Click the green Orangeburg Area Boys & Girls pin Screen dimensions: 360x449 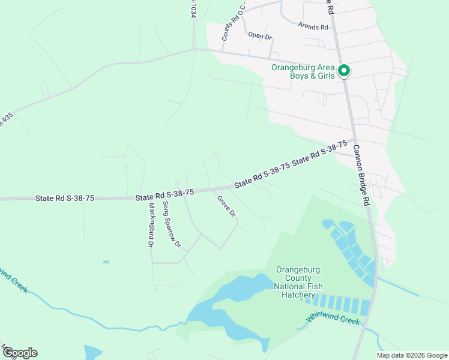tap(344, 71)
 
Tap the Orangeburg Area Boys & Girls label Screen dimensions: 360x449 tap(303, 71)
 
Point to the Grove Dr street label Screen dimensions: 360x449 tap(226, 206)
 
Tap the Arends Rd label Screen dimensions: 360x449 tap(313, 27)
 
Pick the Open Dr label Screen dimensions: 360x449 tap(260, 35)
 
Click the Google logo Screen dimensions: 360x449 tap(20, 353)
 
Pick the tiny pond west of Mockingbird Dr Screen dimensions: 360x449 tap(106, 262)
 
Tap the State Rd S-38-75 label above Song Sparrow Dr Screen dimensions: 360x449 tap(164, 194)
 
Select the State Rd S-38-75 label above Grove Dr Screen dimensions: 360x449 tap(262, 175)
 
